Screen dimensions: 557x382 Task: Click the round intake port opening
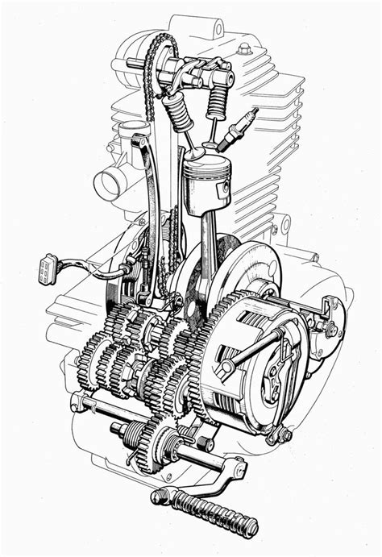coord(108,184)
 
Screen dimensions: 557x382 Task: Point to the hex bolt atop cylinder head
coord(244,50)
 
